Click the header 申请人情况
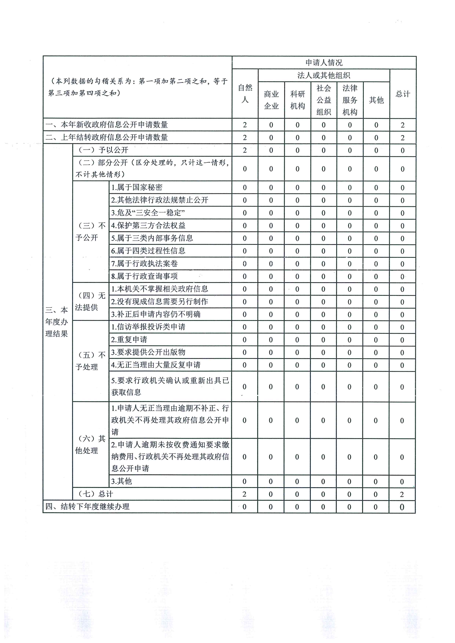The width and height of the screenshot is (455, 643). click(324, 63)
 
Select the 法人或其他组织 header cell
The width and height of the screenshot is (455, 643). click(324, 75)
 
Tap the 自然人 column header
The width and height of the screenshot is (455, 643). click(245, 94)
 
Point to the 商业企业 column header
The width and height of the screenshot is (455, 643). click(271, 100)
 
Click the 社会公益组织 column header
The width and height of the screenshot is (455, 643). click(324, 100)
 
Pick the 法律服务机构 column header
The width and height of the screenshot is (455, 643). click(350, 100)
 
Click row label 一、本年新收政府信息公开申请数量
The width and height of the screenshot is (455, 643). click(107, 125)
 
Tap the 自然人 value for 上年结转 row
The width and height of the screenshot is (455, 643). click(245, 138)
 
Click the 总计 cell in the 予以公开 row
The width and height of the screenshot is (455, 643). click(402, 150)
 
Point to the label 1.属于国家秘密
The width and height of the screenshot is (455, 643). click(137, 187)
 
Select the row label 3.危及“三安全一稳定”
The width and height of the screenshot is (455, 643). click(148, 213)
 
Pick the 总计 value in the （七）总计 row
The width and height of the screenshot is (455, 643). click(402, 494)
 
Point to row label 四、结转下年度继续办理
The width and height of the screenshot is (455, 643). click(87, 507)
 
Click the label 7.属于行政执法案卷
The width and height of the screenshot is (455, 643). click(144, 263)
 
